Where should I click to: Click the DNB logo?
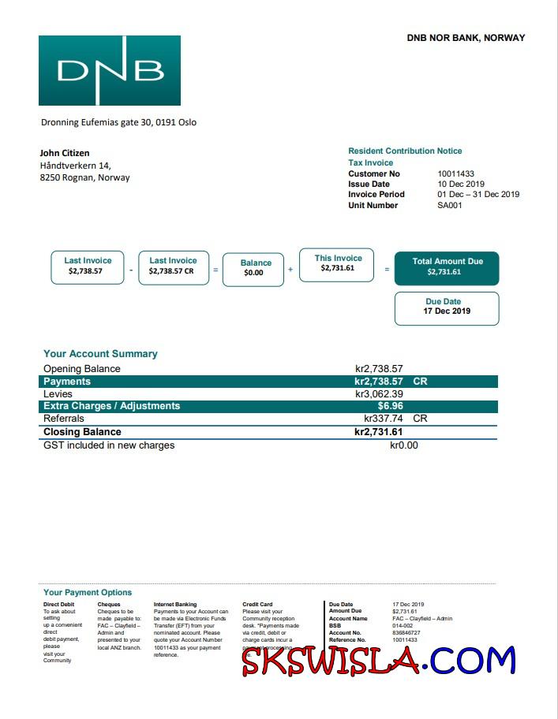110,70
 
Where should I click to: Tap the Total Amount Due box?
447,267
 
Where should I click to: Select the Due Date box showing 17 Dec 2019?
447,307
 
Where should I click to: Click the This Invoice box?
338,263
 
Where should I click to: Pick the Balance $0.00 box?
253,269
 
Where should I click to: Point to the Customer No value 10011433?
455,173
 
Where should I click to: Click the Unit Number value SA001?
450,205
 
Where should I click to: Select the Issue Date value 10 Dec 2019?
461,184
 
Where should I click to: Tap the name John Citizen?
65,153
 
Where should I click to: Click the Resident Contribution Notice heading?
405,151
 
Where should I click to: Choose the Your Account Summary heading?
100,354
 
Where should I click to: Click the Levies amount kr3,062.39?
379,393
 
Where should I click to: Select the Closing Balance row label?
82,432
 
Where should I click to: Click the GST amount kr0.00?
403,445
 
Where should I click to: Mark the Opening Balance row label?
82,368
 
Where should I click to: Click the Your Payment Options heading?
88,592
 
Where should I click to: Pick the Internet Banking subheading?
175,605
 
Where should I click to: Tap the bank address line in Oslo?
118,122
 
